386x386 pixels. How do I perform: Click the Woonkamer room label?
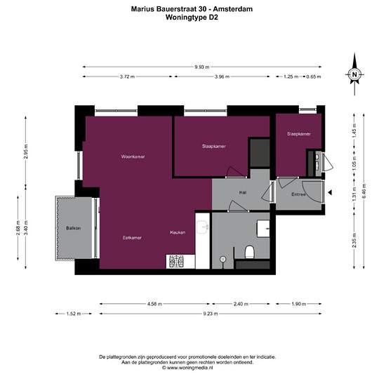coord(133,157)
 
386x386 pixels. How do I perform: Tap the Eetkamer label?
coord(132,238)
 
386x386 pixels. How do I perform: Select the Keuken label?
coord(178,232)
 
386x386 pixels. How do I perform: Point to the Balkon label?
coord(74,228)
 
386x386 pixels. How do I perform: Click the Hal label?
coord(243,193)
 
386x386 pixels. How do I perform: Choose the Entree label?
coord(298,194)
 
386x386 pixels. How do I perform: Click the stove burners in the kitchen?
coord(176,262)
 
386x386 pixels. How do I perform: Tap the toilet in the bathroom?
coord(249,252)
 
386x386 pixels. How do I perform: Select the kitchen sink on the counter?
coord(203,227)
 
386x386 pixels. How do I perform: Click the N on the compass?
coord(354,74)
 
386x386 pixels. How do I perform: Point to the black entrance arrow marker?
coord(330,192)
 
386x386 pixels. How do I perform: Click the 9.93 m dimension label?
coord(202,67)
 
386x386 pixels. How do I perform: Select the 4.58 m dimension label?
coord(154,304)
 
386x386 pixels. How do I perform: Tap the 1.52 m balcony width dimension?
coord(74,314)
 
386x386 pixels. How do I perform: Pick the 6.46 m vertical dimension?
coord(364,191)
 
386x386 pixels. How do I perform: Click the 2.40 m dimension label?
coord(241,304)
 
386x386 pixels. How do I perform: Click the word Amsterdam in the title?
coord(232,9)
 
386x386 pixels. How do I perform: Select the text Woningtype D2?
coord(192,18)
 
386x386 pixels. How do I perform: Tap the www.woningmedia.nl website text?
coord(189,368)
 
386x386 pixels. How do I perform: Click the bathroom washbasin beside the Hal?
coord(263,229)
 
